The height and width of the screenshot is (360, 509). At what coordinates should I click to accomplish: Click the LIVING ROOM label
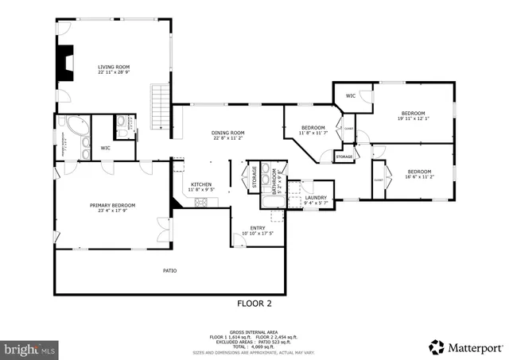coord(114,67)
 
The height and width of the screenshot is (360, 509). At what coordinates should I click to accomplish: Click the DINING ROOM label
coord(227,133)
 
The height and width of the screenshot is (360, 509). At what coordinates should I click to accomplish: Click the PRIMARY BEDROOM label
coord(111,205)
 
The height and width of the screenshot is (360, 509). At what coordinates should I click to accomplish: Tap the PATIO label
coord(169,271)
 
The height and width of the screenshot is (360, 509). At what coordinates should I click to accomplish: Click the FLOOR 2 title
coord(254,304)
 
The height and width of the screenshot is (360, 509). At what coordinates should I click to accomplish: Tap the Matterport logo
coord(465,347)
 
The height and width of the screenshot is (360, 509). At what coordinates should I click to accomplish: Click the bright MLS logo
coord(30,348)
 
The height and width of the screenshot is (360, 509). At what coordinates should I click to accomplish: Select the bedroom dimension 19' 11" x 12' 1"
coord(413,118)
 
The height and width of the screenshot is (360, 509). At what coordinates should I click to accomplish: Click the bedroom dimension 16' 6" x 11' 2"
coord(418,178)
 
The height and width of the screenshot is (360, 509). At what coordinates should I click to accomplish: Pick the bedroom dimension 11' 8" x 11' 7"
coord(313,134)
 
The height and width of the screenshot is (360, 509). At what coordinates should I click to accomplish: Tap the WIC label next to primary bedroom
coord(105,148)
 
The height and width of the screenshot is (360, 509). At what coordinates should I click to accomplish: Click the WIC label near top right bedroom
coord(351,96)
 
